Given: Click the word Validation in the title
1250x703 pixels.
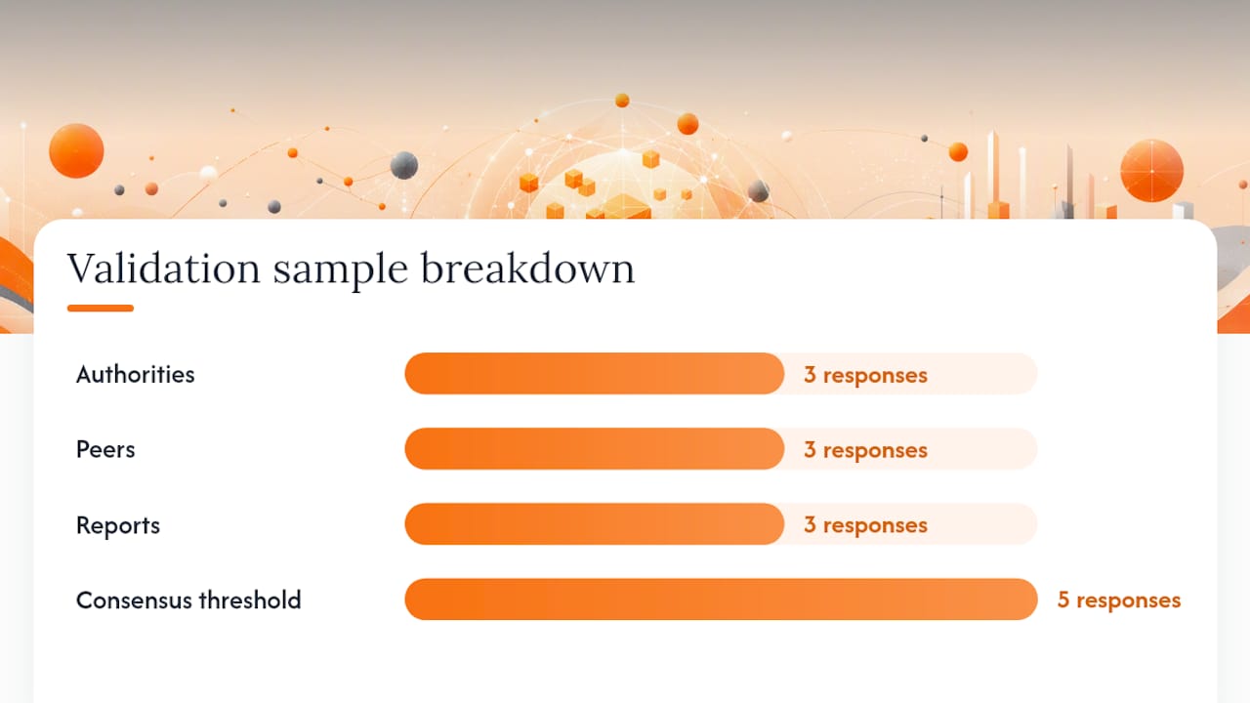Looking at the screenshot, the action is [x=164, y=269].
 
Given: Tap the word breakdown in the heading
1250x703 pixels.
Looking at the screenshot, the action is [x=527, y=268].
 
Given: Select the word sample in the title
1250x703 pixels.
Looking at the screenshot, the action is [x=341, y=271].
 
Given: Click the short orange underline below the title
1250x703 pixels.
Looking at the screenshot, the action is [x=101, y=308].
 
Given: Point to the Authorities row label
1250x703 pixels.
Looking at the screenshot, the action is [x=136, y=374].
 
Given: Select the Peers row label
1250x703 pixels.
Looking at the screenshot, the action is [x=105, y=450].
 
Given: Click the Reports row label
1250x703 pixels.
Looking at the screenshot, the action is [x=118, y=525].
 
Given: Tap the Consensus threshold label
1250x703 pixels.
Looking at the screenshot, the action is [x=188, y=600].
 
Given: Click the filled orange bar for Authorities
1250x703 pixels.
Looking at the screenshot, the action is [x=595, y=373].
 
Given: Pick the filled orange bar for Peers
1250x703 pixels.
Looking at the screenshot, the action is [x=595, y=448].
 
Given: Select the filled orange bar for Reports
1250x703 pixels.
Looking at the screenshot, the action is [x=595, y=524].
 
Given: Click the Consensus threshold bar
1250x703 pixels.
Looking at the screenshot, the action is [x=721, y=600].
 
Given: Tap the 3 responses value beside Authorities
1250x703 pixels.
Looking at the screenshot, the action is [x=865, y=375].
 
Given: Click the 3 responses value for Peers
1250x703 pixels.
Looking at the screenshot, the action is [x=865, y=450].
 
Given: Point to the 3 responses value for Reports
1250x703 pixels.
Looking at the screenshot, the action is [x=865, y=525].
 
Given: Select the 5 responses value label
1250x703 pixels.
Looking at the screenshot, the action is [x=1119, y=600].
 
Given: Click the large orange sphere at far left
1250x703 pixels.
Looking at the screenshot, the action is [x=76, y=150].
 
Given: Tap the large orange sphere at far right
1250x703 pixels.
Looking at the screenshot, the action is [x=1151, y=171].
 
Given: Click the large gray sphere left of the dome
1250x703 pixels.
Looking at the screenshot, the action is [x=404, y=165].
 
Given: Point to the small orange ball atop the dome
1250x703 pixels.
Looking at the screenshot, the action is [x=622, y=101].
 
